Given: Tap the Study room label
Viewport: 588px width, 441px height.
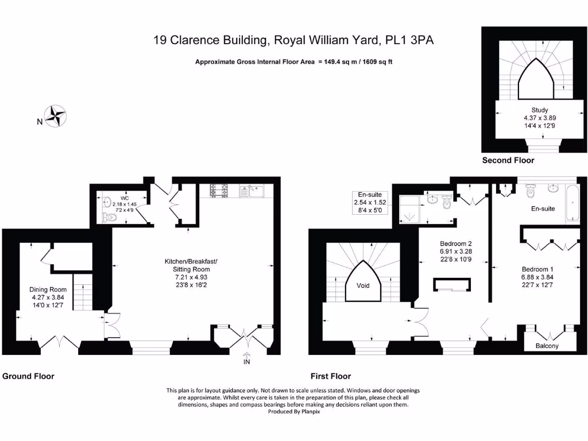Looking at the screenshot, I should pyautogui.click(x=539, y=110).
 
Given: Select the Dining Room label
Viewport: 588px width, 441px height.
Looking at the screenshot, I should pyautogui.click(x=48, y=289).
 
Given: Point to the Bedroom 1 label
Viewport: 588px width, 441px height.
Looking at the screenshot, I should pyautogui.click(x=537, y=269).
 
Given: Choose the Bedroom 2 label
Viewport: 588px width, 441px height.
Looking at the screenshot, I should pyautogui.click(x=455, y=243).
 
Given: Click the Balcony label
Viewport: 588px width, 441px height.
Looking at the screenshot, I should pyautogui.click(x=547, y=346).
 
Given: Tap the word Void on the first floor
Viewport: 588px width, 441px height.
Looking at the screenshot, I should pyautogui.click(x=363, y=285).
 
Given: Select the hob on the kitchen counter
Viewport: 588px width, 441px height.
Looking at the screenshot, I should pyautogui.click(x=219, y=190).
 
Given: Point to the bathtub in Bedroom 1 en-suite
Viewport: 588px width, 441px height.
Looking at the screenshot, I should pyautogui.click(x=574, y=203).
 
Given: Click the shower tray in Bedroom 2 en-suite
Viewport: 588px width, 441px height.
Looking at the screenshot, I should pyautogui.click(x=409, y=208).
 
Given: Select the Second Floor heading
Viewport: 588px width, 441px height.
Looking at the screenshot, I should pyautogui.click(x=508, y=160).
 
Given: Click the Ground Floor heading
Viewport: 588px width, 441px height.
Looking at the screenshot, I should pyautogui.click(x=28, y=376).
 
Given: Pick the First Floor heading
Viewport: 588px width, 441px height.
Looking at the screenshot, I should pyautogui.click(x=330, y=376).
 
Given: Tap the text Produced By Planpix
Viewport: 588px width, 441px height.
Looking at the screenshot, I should pyautogui.click(x=294, y=412).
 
